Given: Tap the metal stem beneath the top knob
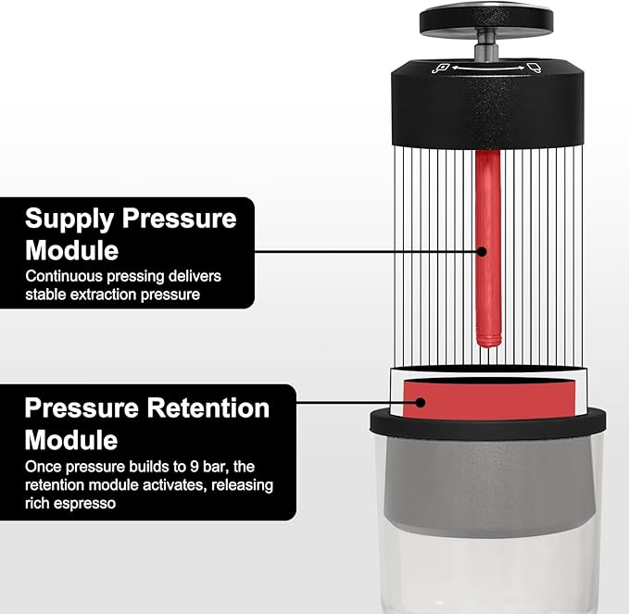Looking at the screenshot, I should click(486, 46).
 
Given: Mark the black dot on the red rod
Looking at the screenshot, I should click(482, 250).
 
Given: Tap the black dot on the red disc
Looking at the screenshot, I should click(421, 403).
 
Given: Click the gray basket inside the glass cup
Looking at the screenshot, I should click(488, 482).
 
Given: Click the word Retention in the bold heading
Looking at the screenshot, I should click(204, 408).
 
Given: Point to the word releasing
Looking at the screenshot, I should click(242, 485).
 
